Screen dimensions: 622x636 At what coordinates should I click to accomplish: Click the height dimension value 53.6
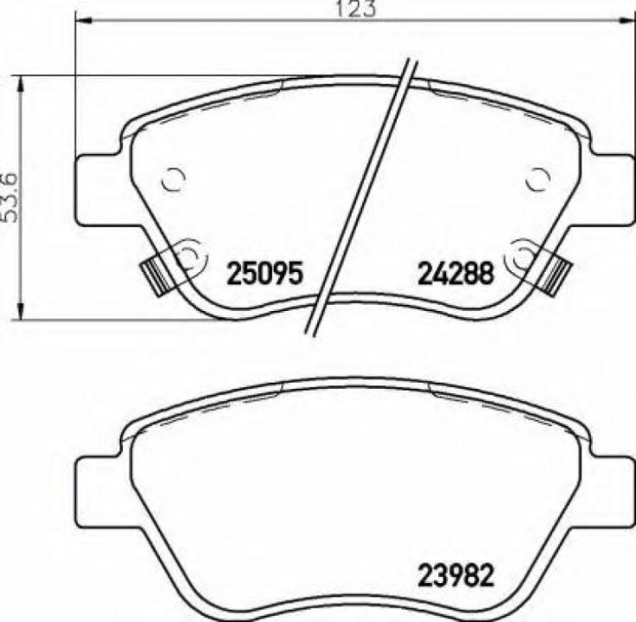10,196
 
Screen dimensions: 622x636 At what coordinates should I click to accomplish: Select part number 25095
264,274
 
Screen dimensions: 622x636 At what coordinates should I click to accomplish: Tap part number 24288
455,274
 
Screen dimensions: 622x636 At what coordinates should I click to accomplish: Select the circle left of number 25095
188,255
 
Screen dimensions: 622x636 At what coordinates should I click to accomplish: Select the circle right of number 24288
523,255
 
